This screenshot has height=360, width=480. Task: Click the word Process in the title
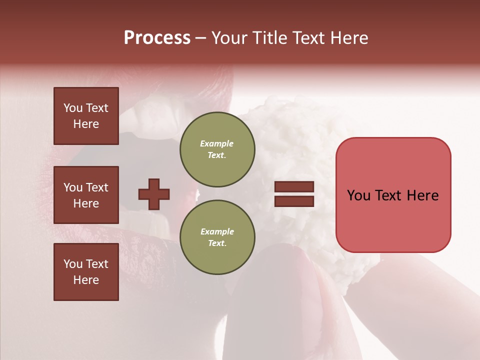point(157,38)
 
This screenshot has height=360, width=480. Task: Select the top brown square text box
point(86,116)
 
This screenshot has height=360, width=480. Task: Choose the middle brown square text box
point(86,195)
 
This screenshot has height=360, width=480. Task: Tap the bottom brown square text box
point(86,271)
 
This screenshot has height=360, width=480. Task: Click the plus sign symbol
point(154,194)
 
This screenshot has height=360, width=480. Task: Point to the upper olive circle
point(217,149)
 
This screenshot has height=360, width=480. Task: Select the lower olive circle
point(217,237)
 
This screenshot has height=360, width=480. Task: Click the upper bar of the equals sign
point(294,187)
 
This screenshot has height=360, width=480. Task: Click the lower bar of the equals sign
point(294,201)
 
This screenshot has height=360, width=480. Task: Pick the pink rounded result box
point(393,195)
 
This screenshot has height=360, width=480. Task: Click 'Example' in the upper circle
point(217,143)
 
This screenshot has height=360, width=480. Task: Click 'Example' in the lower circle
point(217,231)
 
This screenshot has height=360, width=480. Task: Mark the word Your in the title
point(228,38)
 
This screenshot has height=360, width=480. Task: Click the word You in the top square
point(72,108)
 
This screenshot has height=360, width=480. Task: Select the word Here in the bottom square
point(86,280)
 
